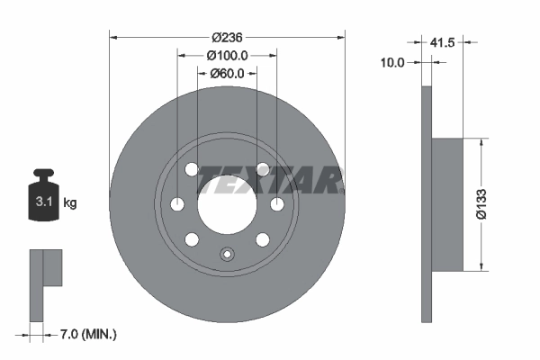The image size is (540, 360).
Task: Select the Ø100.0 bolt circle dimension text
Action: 227,55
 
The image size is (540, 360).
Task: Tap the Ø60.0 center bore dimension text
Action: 227,73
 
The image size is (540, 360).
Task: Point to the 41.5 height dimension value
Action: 441,42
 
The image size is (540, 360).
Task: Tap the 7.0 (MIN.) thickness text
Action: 85,334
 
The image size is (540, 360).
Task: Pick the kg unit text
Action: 70,203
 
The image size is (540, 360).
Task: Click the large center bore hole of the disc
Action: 226,203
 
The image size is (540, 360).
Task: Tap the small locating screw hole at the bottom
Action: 226,254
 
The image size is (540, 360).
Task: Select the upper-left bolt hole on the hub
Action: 192,169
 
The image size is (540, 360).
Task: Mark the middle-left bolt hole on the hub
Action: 177,203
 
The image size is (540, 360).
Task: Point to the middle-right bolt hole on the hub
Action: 276,203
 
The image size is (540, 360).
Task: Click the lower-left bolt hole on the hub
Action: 192,239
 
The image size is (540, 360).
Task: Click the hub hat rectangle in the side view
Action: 447,203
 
